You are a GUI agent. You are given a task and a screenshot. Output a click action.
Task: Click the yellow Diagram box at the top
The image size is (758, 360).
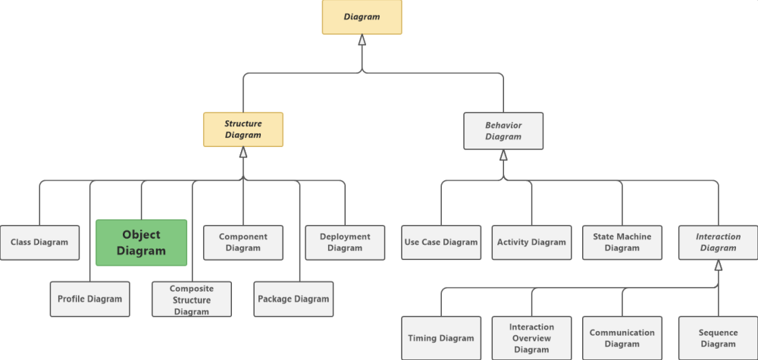click(362, 17)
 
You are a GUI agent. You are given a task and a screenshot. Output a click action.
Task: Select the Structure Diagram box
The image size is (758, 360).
click(243, 130)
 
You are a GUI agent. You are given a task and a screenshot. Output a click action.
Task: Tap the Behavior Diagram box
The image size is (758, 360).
click(503, 131)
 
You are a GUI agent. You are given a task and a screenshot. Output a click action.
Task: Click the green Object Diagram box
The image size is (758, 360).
click(141, 243)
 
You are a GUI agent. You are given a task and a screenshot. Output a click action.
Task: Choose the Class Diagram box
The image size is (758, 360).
click(39, 243)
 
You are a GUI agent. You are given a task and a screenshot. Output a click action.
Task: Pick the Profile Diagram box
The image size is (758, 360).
click(90, 299)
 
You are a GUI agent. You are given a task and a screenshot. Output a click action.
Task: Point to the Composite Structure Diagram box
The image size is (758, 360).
click(192, 299)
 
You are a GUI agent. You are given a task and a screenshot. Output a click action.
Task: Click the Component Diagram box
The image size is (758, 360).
click(243, 243)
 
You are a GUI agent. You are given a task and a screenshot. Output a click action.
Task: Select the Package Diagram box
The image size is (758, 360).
click(293, 299)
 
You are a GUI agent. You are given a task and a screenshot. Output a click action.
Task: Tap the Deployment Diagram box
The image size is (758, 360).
click(345, 243)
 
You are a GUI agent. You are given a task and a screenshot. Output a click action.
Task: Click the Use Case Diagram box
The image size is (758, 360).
click(441, 243)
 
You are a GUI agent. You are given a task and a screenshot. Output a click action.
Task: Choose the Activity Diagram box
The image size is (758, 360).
click(532, 243)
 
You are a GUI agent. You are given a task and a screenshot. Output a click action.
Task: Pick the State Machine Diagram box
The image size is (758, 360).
click(622, 243)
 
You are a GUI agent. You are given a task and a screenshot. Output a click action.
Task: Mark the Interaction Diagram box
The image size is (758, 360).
click(719, 243)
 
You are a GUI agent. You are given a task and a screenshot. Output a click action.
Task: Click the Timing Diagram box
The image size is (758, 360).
click(441, 338)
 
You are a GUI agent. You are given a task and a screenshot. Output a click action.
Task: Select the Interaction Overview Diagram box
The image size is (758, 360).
click(532, 338)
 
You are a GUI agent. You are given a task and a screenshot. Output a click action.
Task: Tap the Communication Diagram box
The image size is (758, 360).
click(622, 338)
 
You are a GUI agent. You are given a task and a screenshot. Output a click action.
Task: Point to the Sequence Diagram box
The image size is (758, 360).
click(719, 338)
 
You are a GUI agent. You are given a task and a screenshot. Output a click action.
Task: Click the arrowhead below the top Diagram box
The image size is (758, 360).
click(362, 39)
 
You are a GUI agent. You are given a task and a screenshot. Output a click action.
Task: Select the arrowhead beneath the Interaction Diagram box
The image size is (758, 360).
click(719, 265)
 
